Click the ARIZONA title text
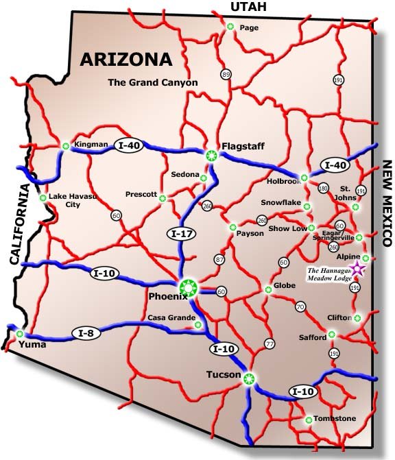coord(126,58)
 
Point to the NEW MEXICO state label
coord(386,204)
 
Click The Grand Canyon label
coord(152,83)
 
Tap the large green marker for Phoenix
coord(188,289)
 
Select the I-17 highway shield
coord(180,234)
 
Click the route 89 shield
coord(226,74)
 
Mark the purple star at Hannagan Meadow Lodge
coord(356,268)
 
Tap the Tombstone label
coord(335,418)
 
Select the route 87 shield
coord(219,260)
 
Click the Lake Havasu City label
coord(70,200)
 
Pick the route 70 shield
coord(300,306)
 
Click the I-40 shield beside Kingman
coord(130,145)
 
